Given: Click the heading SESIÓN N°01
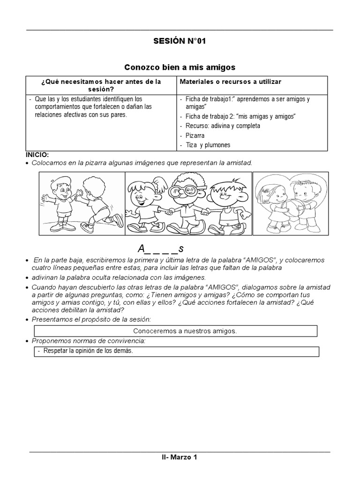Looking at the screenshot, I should pos(180,41).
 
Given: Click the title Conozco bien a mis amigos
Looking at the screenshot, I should pos(180,67).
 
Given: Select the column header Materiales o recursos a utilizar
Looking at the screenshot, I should pos(230,82).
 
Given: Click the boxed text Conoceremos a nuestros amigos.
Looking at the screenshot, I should pos(185,331).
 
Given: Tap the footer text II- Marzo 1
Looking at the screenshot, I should pos(180,457).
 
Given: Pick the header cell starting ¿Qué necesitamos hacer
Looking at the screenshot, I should pos(101,85).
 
